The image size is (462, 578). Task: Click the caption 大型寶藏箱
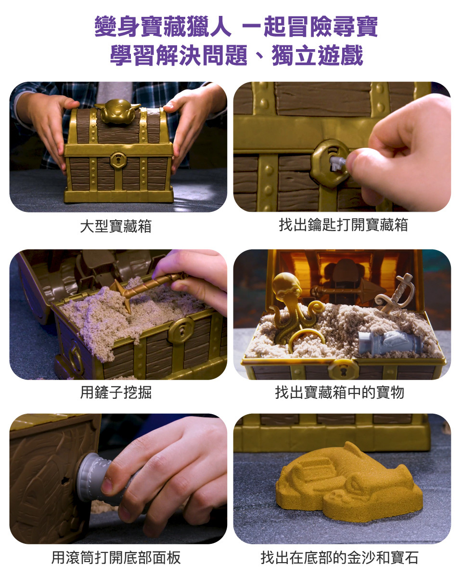coord(115,226)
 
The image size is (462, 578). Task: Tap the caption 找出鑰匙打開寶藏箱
coord(343,225)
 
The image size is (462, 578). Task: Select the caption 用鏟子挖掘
coord(115,393)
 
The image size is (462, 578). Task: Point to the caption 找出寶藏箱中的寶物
coord(340,393)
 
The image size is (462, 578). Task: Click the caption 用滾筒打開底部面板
coord(115,557)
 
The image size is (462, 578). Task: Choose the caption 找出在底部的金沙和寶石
coord(340,557)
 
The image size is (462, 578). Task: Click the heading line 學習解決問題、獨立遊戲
coord(236,55)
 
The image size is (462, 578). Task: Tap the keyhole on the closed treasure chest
coord(118,160)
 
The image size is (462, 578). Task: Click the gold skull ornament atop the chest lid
coord(117,111)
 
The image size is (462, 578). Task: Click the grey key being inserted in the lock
coord(337,163)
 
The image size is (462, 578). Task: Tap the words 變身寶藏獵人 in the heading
coord(163,26)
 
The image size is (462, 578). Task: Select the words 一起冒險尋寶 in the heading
coord(310,26)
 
